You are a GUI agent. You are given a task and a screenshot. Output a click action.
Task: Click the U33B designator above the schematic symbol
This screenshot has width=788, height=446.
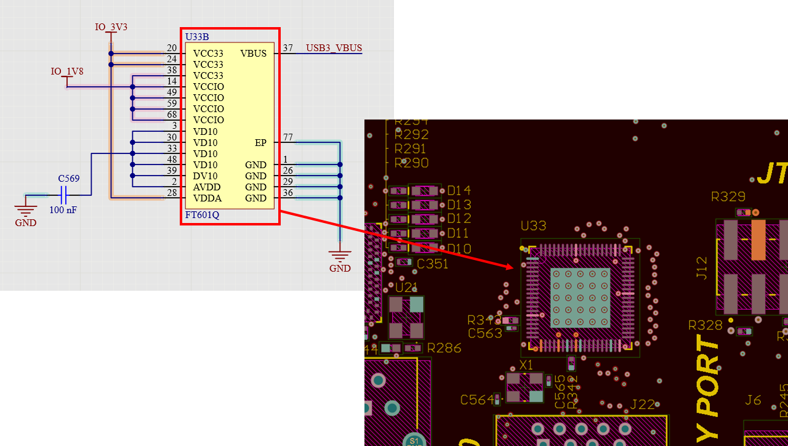197,37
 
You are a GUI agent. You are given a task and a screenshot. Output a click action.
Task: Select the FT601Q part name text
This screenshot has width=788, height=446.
202,215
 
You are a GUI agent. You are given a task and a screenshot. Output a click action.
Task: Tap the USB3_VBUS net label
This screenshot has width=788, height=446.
334,48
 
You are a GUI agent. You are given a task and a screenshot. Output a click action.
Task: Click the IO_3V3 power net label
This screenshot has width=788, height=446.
111,27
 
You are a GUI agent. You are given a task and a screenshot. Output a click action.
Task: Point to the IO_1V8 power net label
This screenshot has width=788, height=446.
66,71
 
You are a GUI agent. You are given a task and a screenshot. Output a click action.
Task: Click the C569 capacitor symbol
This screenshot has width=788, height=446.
64,196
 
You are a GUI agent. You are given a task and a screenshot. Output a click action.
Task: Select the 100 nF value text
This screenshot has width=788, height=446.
63,210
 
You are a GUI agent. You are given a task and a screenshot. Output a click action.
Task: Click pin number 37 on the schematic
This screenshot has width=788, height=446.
287,48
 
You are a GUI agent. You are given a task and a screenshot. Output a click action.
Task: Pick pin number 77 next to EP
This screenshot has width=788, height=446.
287,137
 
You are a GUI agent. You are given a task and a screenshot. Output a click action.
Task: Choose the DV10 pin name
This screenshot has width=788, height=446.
205,176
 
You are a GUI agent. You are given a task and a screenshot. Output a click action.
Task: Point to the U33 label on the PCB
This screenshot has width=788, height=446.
533,226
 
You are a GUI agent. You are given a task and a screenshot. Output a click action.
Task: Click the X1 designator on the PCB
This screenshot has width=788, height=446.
526,365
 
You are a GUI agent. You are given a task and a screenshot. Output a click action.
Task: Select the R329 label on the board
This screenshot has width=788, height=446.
728,197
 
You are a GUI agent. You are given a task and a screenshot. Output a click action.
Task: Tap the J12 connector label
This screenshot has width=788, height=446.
702,268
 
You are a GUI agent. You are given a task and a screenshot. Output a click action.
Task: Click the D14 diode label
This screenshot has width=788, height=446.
459,190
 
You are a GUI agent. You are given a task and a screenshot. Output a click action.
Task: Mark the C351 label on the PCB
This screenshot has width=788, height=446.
433,264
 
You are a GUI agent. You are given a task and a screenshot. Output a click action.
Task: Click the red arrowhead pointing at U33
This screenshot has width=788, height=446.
509,266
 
